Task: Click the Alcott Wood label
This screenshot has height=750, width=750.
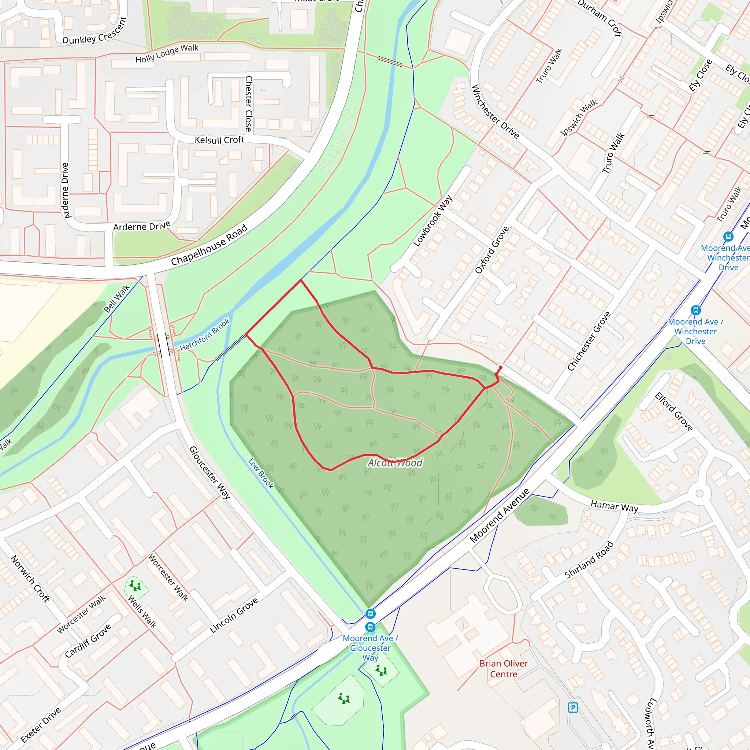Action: (395, 463)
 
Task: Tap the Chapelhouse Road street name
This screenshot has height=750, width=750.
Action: (209, 245)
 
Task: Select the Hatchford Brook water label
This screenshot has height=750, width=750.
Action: (205, 335)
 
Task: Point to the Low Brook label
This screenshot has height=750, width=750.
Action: (261, 474)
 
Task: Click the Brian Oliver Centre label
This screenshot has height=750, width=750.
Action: (504, 669)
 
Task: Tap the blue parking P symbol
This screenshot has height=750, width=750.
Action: (573, 708)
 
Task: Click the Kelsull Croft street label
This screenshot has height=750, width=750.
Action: (219, 140)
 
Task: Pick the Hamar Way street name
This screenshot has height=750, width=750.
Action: (614, 506)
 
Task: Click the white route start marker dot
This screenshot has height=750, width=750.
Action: (500, 367)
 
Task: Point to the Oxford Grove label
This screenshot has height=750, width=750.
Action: (491, 250)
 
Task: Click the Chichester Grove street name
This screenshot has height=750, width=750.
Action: (589, 341)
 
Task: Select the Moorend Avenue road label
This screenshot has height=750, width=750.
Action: (499, 516)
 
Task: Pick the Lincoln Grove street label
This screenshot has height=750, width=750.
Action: (234, 615)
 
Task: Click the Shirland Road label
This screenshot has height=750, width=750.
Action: (589, 560)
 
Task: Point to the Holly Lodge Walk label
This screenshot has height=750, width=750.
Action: (167, 53)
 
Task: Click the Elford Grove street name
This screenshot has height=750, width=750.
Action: (673, 412)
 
